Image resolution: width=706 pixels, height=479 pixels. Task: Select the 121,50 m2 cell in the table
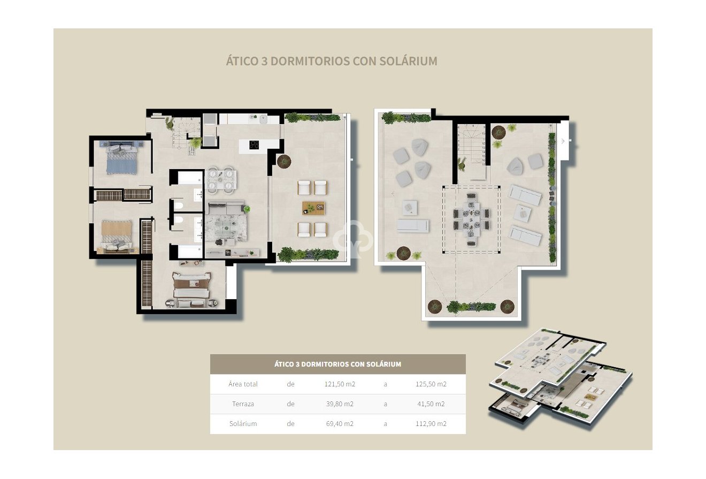(340, 384)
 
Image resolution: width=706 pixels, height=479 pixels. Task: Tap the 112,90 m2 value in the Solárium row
(431, 423)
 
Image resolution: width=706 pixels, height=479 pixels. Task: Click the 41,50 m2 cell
(431, 404)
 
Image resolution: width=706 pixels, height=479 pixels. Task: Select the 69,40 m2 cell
(340, 423)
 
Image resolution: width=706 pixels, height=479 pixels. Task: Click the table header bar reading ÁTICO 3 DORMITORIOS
(337, 364)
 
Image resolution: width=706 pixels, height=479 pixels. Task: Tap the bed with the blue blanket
(121, 161)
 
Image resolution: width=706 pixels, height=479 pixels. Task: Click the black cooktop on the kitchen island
(255, 144)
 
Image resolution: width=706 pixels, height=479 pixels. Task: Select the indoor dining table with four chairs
(221, 179)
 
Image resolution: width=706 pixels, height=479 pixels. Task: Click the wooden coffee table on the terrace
(313, 208)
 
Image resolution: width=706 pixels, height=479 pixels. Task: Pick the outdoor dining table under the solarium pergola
(471, 219)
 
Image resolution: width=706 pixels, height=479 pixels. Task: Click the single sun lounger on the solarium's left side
(412, 226)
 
